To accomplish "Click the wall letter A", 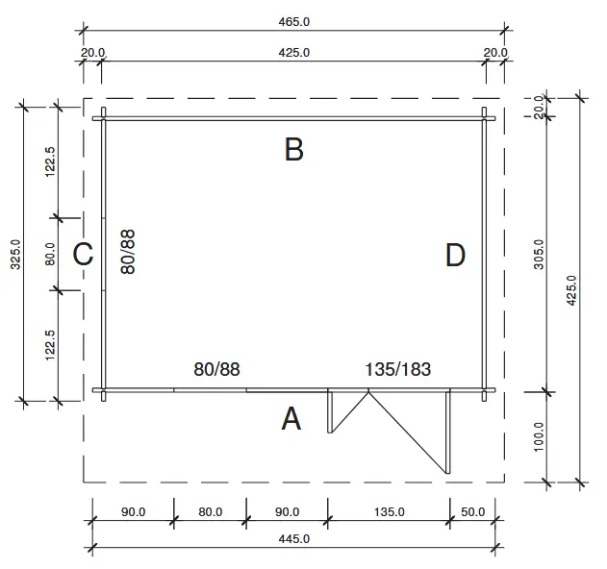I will pyautogui.click(x=291, y=419).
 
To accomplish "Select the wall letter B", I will pyautogui.click(x=294, y=149).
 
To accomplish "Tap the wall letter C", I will pyautogui.click(x=83, y=255).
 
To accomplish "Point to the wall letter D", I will pyautogui.click(x=455, y=256).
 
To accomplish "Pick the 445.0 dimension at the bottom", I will pyautogui.click(x=293, y=539).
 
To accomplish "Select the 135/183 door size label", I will pyautogui.click(x=398, y=369).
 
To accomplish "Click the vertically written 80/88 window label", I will pyautogui.click(x=127, y=253).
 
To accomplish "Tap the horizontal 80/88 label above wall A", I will pyautogui.click(x=216, y=369).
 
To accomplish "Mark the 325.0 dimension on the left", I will pyautogui.click(x=15, y=254).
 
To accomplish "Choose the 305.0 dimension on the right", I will pyautogui.click(x=539, y=254).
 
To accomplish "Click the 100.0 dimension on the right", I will pyautogui.click(x=539, y=437).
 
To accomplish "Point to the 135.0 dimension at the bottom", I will pyautogui.click(x=389, y=512).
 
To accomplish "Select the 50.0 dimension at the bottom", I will pyautogui.click(x=472, y=512).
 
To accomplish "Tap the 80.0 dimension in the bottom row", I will pyautogui.click(x=210, y=512).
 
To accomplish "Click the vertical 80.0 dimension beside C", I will pyautogui.click(x=49, y=254).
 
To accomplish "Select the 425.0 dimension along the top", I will pyautogui.click(x=293, y=53).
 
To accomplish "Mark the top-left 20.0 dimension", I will pyautogui.click(x=93, y=53).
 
